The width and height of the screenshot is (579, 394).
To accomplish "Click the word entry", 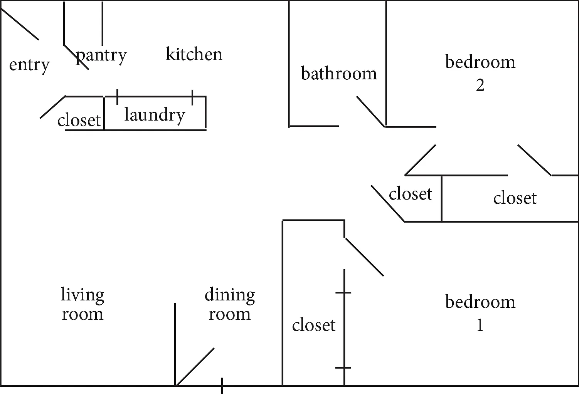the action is coord(29,66).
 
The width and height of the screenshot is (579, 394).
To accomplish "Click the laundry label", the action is coord(155,116).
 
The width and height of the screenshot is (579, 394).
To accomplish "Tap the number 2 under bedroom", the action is coord(480,85).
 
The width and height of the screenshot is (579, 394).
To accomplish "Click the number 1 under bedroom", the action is coord(480,325).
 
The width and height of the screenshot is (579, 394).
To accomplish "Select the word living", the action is coord(82,295).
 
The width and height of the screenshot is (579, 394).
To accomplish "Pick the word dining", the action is coord(230,295).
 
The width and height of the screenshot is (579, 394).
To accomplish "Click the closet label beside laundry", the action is coord(79,120).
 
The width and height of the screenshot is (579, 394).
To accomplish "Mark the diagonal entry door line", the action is coord(20,24).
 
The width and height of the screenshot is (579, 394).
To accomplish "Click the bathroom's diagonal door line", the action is coord(371,112).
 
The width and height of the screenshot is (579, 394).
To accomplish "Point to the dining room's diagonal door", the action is coord(195,367).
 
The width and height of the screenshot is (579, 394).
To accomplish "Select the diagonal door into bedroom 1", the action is coord(364,257).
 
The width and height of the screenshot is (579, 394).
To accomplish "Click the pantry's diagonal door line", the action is coord(76,57).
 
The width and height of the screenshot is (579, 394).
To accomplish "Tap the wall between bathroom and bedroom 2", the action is coord(386,64).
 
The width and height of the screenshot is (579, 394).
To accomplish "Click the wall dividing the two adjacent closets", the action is coord(441,199).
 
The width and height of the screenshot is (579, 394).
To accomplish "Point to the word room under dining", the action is coord(230,315).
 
